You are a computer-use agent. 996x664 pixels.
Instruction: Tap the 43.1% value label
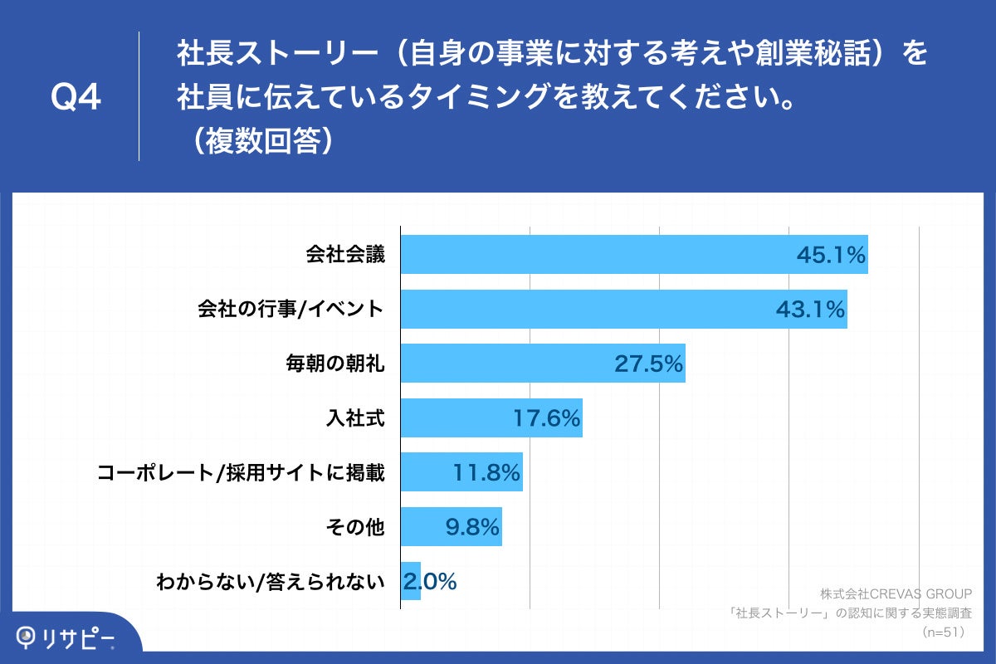pos(810,310)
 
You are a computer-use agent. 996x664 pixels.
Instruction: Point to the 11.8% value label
pos(486,472)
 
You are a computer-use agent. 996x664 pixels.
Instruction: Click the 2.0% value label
pos(430,582)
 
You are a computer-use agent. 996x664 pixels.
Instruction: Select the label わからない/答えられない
pos(271,582)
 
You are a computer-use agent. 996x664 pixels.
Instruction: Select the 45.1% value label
pos(831,255)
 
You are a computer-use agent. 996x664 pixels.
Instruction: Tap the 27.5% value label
pos(648,364)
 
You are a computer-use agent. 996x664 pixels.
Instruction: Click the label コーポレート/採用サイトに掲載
pos(241,472)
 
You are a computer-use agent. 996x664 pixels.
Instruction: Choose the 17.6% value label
pos(545,417)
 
